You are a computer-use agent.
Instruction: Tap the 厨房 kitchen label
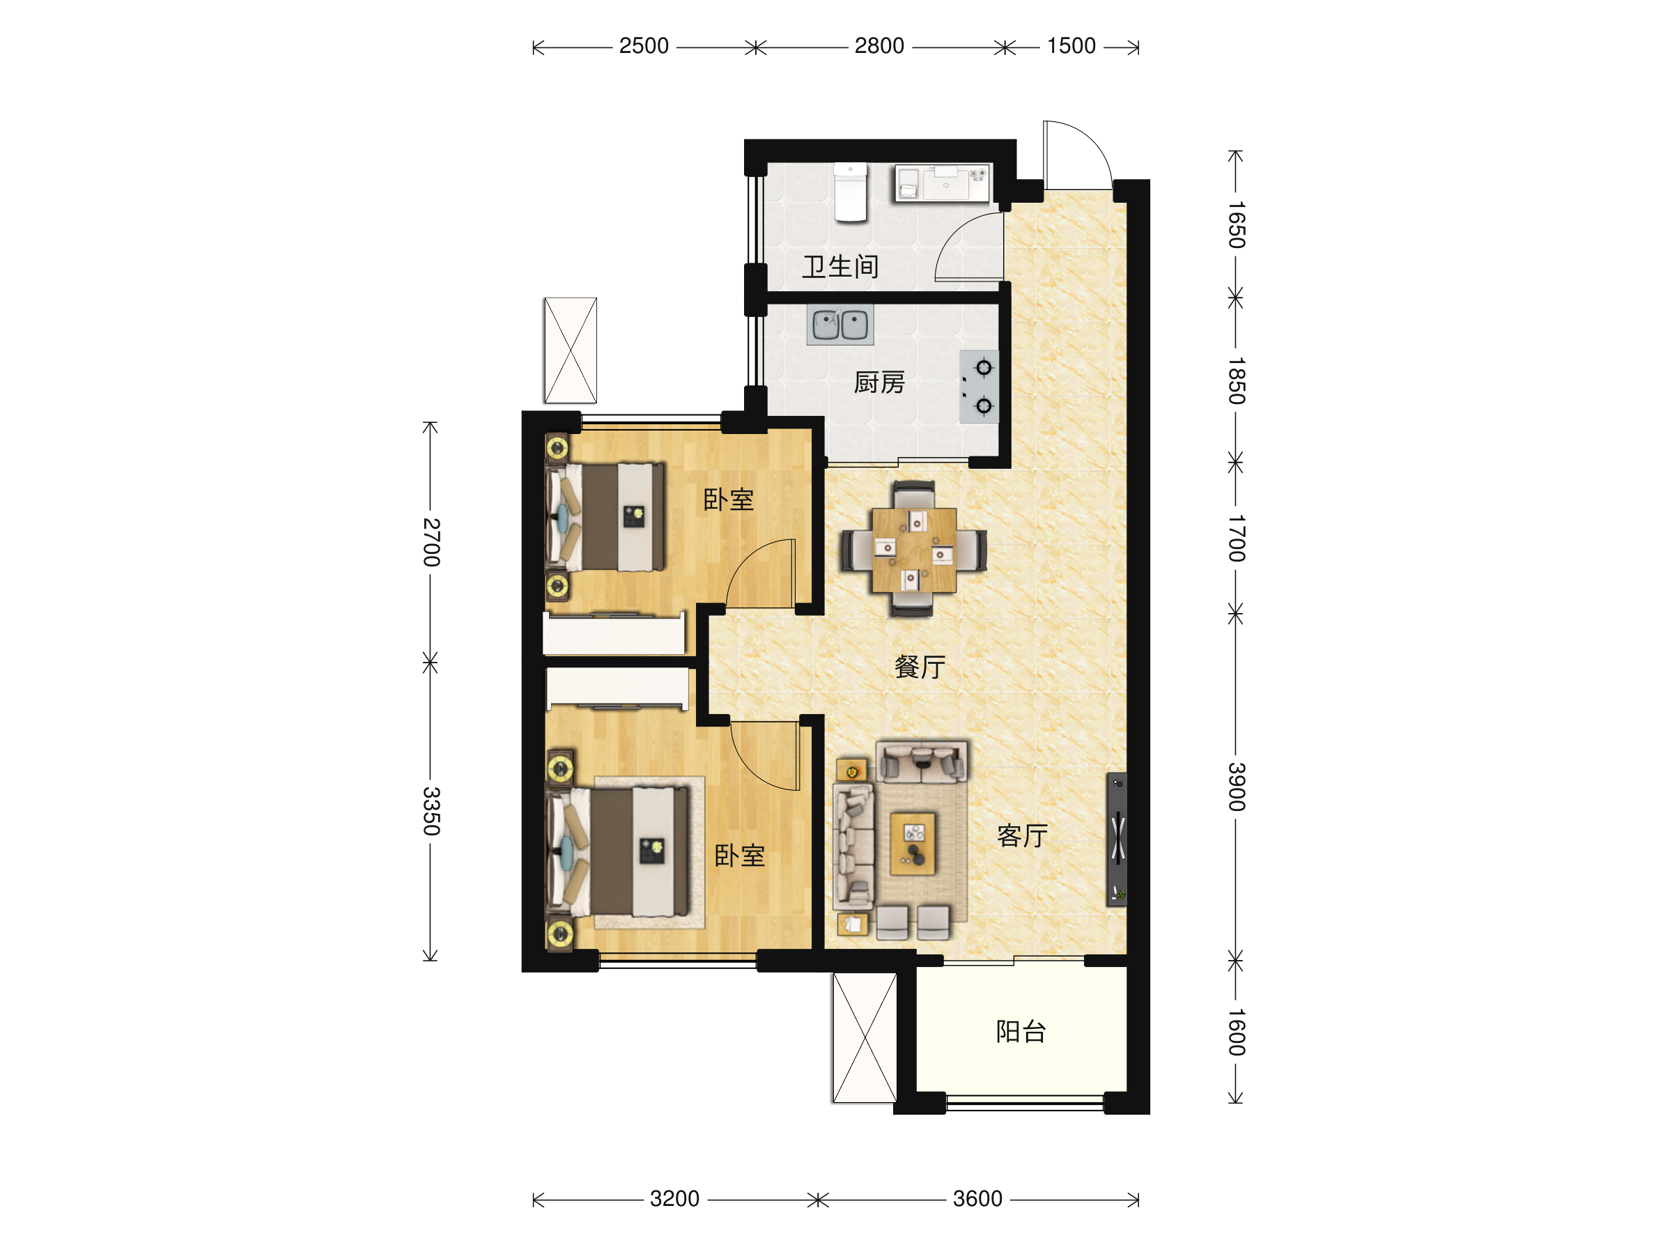[879, 383]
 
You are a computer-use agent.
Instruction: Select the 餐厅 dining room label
[920, 667]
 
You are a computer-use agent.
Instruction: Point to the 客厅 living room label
[1022, 836]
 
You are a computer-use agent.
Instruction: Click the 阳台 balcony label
[1021, 1032]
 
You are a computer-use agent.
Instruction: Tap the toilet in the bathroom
[851, 193]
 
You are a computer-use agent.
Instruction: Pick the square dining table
[914, 550]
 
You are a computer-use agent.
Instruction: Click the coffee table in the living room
[913, 844]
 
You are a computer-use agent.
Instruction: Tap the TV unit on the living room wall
[1117, 839]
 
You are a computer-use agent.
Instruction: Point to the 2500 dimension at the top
[644, 46]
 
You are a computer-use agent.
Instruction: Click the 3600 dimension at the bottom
[977, 1199]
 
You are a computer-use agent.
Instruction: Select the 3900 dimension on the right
[1236, 787]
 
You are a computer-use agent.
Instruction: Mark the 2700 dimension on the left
[431, 543]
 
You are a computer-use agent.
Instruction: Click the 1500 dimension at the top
[1071, 46]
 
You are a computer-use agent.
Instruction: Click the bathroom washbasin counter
[943, 184]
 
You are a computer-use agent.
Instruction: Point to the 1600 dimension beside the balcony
[1236, 1032]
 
